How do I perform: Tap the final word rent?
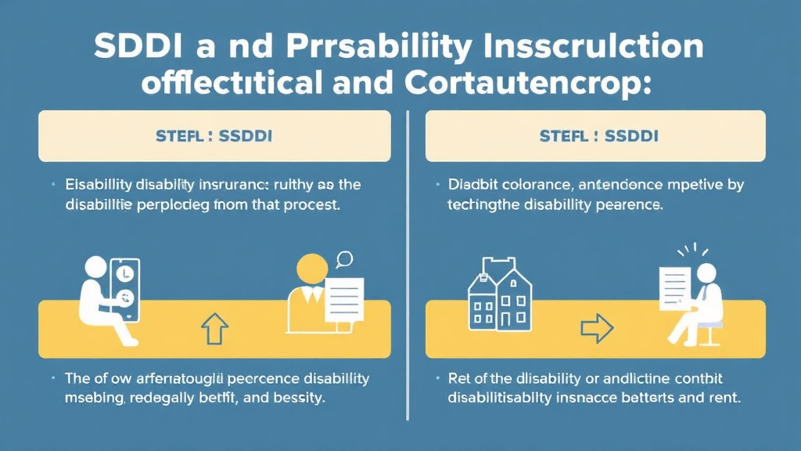click(x=722, y=398)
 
